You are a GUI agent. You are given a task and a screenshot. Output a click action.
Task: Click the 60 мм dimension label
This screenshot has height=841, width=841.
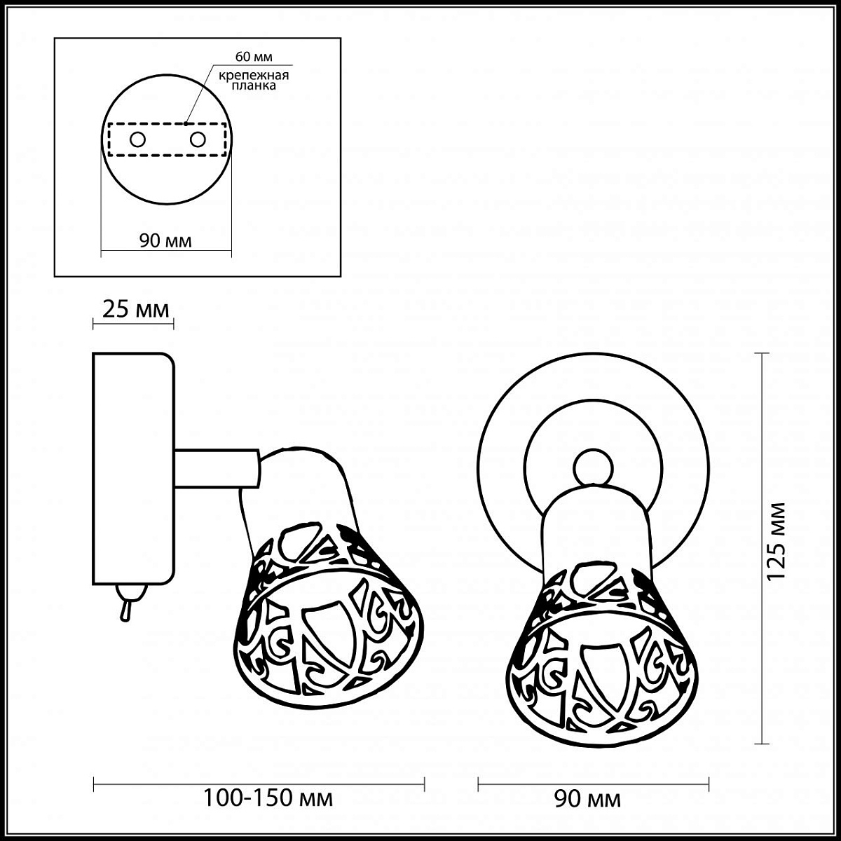pos(254,57)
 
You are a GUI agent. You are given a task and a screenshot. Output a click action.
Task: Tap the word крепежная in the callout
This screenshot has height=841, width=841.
pos(254,75)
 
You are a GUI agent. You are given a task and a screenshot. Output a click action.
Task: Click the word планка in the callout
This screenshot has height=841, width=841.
pos(254,85)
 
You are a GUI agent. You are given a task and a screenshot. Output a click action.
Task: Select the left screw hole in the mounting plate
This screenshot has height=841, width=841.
pos(137,139)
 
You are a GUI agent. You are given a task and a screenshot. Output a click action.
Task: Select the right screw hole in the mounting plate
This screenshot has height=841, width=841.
pos(198,139)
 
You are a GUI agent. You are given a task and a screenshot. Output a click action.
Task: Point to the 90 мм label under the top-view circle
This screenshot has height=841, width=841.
pos(165,241)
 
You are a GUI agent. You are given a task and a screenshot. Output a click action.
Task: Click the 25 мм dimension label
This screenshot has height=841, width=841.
pos(135,310)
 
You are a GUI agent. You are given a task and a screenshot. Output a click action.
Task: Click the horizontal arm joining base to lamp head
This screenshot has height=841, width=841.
pos(217,468)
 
